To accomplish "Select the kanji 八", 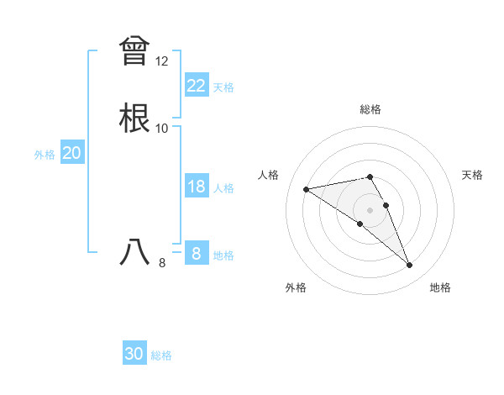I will click(134, 252).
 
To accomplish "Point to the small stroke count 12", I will click(162, 61).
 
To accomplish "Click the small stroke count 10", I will click(162, 129).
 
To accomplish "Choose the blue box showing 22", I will click(196, 85).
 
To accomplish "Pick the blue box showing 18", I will click(196, 187).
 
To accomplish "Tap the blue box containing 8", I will click(196, 253).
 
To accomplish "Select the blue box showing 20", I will click(72, 153).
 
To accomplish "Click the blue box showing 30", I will click(134, 354).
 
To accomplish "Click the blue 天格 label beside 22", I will click(223, 87).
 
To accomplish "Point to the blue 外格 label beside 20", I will click(45, 155).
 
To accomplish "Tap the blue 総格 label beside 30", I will click(161, 355).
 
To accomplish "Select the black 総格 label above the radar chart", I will click(370, 109).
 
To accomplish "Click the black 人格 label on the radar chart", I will click(269, 175).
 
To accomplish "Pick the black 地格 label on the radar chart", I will click(440, 287).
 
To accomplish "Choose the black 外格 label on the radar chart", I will click(296, 287).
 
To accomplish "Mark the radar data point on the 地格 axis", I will click(410, 266).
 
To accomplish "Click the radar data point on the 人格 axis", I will click(307, 188).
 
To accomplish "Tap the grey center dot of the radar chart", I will click(370, 209).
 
